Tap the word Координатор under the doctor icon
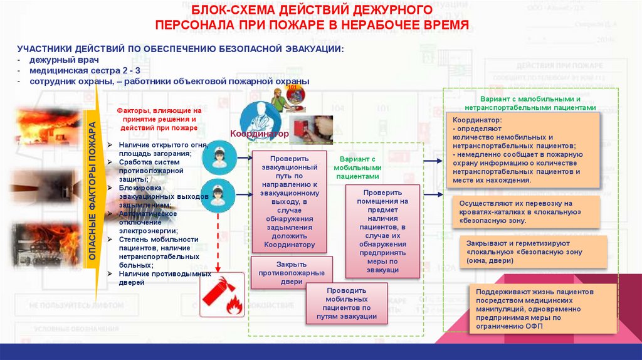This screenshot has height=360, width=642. [260, 134]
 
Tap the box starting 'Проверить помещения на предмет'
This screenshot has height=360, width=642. [382, 231]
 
